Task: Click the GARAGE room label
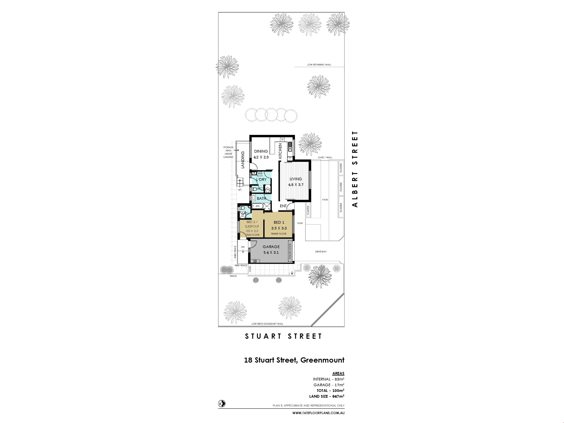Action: pos(271,247)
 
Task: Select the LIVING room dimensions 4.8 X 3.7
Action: pos(296,185)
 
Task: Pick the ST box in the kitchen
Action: pos(282,140)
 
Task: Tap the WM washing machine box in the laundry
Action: pos(260,174)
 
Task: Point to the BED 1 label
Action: pos(279,222)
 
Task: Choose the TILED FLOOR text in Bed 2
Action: pos(253,235)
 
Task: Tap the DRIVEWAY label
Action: pos(321,252)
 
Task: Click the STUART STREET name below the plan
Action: pos(283,336)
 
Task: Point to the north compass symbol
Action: pos(222,404)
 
